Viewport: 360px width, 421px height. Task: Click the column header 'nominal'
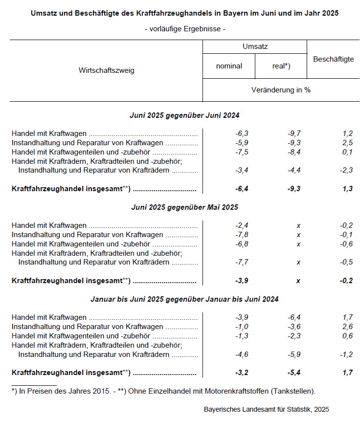point(229,66)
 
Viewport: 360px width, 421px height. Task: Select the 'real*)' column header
point(281,66)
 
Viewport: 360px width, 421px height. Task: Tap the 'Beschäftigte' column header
point(333,59)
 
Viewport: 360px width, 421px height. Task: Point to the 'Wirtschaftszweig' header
point(106,70)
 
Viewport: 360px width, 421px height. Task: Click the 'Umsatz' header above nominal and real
point(255,46)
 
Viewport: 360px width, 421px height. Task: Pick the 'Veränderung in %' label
point(281,90)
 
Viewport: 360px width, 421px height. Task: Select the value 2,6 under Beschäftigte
point(347,327)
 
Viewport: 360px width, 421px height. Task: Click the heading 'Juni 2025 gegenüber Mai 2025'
point(184,207)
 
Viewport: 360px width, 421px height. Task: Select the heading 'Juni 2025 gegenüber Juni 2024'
point(184,115)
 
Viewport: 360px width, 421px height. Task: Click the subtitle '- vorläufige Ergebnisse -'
point(184,29)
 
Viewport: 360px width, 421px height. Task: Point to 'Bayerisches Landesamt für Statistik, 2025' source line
point(267,408)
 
